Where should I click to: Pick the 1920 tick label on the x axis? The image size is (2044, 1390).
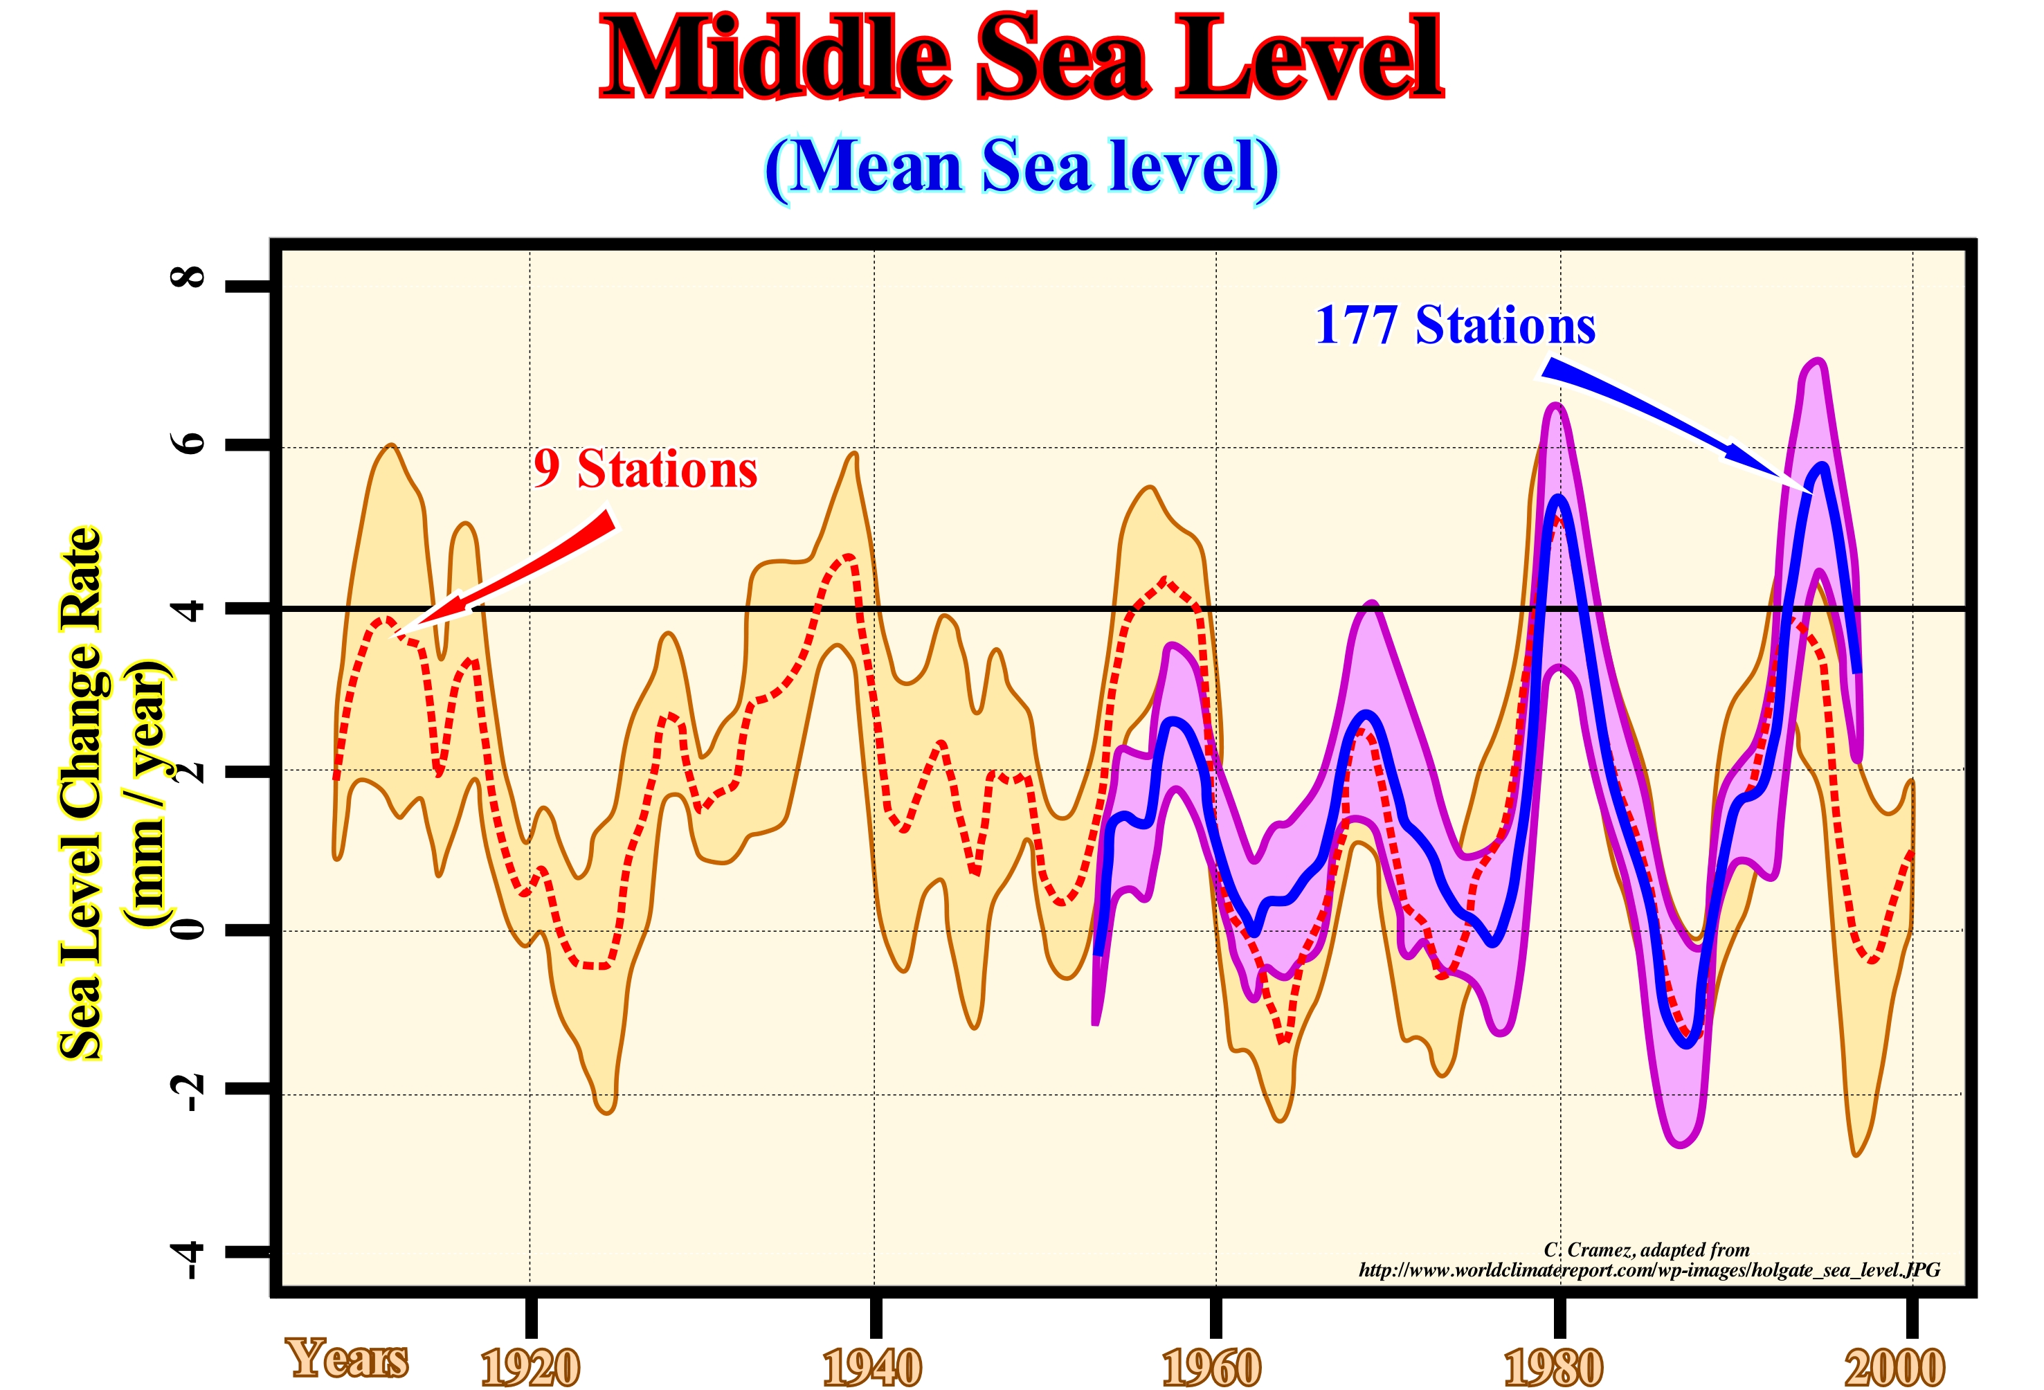coord(530,1367)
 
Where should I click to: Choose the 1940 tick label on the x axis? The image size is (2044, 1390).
coord(871,1367)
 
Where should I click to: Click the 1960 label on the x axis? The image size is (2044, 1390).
coord(1211,1367)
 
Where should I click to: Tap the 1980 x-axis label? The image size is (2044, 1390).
coord(1553,1367)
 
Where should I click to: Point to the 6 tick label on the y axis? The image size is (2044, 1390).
coord(188,442)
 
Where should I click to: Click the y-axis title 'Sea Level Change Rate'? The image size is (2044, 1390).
coord(82,792)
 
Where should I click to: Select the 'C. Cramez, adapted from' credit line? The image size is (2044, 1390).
coord(1647,1249)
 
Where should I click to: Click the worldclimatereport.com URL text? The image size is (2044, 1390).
coord(1648,1270)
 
